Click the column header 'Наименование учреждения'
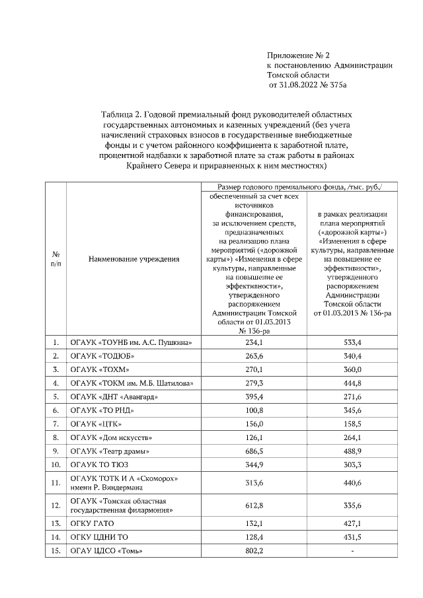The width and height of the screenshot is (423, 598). pos(134,260)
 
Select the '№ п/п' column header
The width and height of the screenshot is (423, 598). pos(56,260)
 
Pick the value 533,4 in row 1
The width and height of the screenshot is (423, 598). pos(353,342)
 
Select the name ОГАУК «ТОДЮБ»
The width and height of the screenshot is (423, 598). pos(100,357)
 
